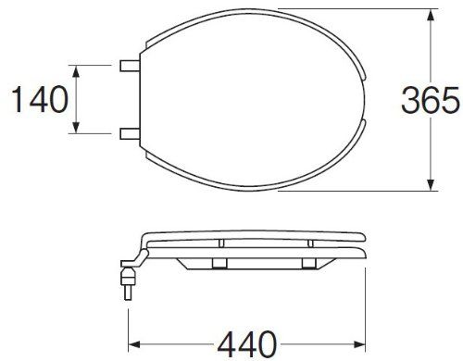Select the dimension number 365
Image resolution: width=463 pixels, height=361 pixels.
point(432,100)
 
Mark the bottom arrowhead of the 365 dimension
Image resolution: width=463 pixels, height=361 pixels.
point(431,189)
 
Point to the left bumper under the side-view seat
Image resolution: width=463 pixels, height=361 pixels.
point(219,265)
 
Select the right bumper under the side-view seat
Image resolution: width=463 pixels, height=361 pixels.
point(305,265)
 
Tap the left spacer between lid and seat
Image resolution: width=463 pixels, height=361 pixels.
point(222,242)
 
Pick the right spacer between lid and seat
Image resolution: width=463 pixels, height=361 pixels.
point(312,242)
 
